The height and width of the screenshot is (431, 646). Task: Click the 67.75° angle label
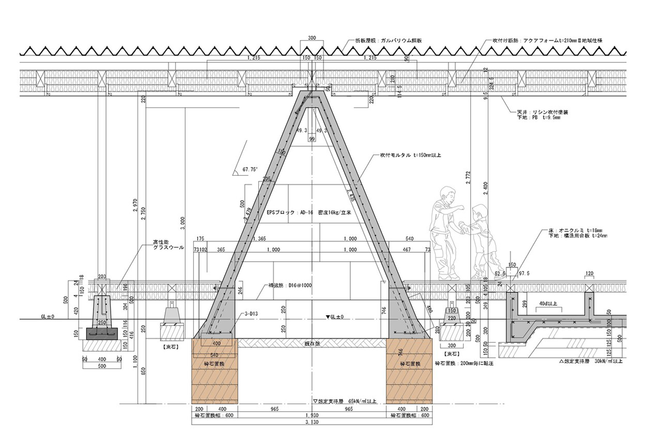click(249, 170)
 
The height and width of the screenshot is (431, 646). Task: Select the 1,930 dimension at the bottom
click(312, 415)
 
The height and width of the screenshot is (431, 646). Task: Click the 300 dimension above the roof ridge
click(312, 38)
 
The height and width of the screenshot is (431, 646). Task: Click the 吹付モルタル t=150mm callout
click(410, 155)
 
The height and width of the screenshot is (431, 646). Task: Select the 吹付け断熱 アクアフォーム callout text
click(547, 40)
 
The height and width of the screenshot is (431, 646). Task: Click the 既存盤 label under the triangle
click(312, 344)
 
